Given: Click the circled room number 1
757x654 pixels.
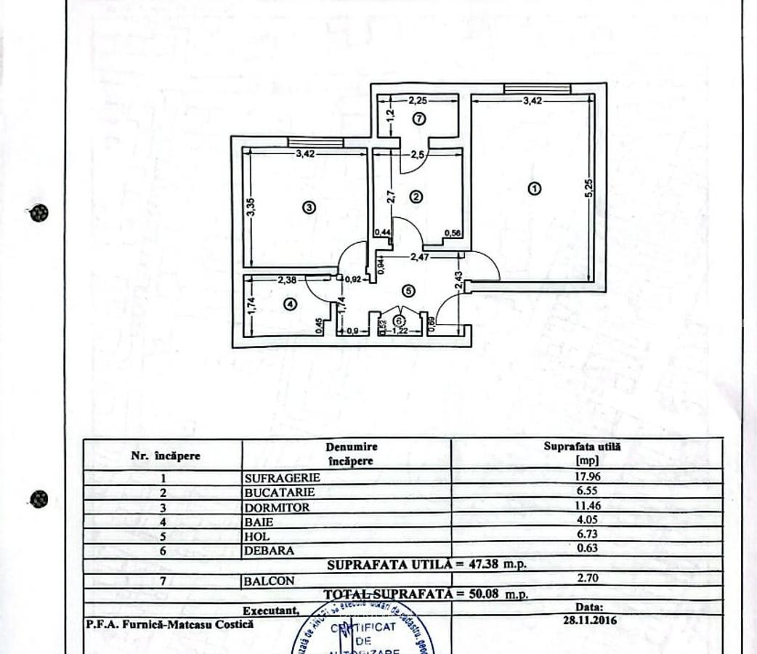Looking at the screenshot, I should [x=535, y=188].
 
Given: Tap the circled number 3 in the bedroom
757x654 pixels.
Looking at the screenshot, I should [x=309, y=207].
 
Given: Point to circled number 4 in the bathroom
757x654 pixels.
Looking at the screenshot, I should [x=291, y=305].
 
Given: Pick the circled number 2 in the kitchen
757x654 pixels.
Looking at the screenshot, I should [x=416, y=195].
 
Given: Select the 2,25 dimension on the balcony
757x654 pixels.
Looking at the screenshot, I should [x=416, y=101].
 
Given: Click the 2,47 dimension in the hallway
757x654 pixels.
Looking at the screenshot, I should [x=421, y=257].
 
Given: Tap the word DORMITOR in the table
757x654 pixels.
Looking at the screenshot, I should [x=276, y=507].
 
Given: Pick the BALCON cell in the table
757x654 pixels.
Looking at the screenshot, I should [x=270, y=581].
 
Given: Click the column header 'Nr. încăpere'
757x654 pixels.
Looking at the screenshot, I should [x=165, y=456].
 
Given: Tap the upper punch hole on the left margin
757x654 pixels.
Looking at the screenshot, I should [x=39, y=213].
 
